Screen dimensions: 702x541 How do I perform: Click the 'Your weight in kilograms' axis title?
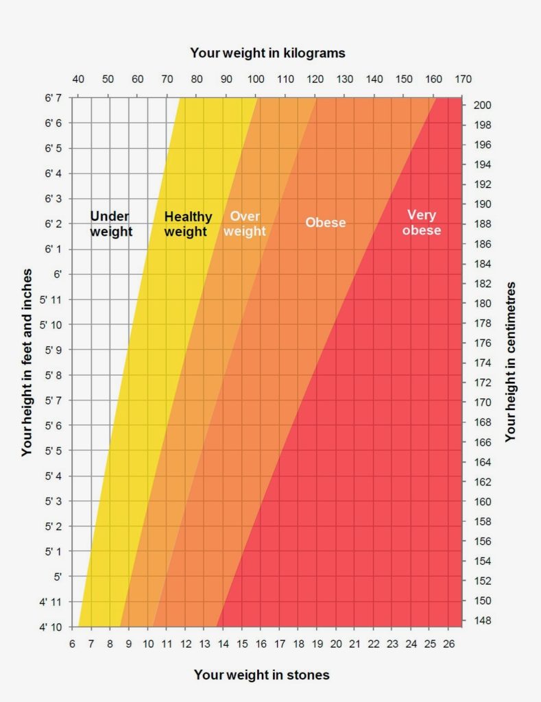coord(267,52)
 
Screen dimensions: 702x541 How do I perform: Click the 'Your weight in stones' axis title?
coord(261,675)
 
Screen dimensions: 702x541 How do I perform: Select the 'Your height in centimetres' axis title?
coord(510,361)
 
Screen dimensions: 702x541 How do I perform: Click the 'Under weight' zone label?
coord(111,223)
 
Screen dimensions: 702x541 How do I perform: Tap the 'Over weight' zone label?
coord(245,223)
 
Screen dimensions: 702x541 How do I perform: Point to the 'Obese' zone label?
coord(326,223)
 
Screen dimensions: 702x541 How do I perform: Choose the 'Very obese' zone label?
coord(422,223)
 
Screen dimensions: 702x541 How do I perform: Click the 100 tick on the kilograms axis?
coord(256,78)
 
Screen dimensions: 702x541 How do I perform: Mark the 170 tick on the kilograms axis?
coord(463,78)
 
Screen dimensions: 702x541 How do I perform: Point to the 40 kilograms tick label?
coord(78,78)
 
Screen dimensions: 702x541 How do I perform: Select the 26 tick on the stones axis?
coord(449,644)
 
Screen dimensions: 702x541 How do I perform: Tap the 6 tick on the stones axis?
coord(73,644)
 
